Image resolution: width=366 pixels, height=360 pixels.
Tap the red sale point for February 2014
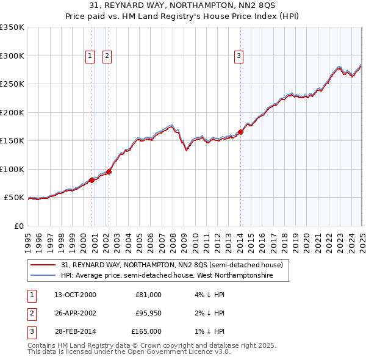pos(240,132)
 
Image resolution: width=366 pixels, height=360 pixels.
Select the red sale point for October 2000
pos(92,180)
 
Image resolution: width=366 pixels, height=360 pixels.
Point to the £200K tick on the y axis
pos(12,112)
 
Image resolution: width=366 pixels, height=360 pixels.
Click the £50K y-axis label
pos(15,198)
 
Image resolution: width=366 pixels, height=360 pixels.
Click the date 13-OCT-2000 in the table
pos(75,295)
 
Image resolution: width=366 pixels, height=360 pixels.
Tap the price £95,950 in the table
pos(148,313)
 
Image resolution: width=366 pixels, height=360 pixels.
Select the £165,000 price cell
pos(146,331)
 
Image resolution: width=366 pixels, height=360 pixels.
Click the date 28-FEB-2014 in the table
pos(75,331)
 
